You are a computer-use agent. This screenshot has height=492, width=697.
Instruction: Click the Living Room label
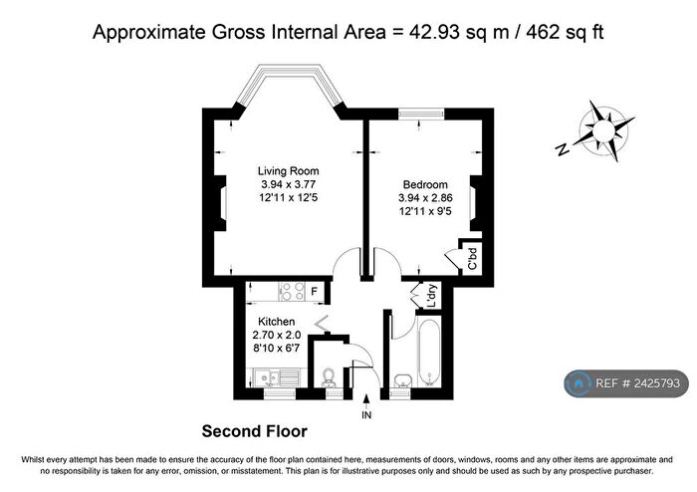pos(288,170)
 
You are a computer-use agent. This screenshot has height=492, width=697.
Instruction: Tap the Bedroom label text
pos(425,184)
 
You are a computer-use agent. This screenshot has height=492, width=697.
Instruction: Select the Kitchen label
pos(277,322)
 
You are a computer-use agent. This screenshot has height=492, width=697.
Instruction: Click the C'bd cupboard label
pos(473,259)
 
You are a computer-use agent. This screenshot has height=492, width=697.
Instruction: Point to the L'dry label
pos(431,297)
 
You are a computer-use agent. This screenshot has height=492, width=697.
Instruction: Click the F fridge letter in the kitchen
pos(315,292)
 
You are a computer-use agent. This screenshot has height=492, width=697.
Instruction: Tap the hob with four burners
pos(292,292)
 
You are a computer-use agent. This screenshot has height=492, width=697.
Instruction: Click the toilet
pos(329,376)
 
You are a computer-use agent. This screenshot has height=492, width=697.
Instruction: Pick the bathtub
pos(429,352)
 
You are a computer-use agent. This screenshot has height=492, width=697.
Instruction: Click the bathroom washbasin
pos(403,380)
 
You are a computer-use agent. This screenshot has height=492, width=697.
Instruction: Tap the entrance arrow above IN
pos(366,401)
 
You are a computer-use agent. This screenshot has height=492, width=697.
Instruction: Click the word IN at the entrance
pos(366,415)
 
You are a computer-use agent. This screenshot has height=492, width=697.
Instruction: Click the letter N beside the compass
pos(564,149)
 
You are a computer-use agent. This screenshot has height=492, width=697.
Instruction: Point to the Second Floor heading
pos(254,431)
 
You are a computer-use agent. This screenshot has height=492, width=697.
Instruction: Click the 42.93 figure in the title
pos(435,33)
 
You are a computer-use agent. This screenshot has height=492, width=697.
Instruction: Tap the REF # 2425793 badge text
pos(637,383)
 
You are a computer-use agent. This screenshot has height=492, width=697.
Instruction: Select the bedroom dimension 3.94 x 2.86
pos(425,198)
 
